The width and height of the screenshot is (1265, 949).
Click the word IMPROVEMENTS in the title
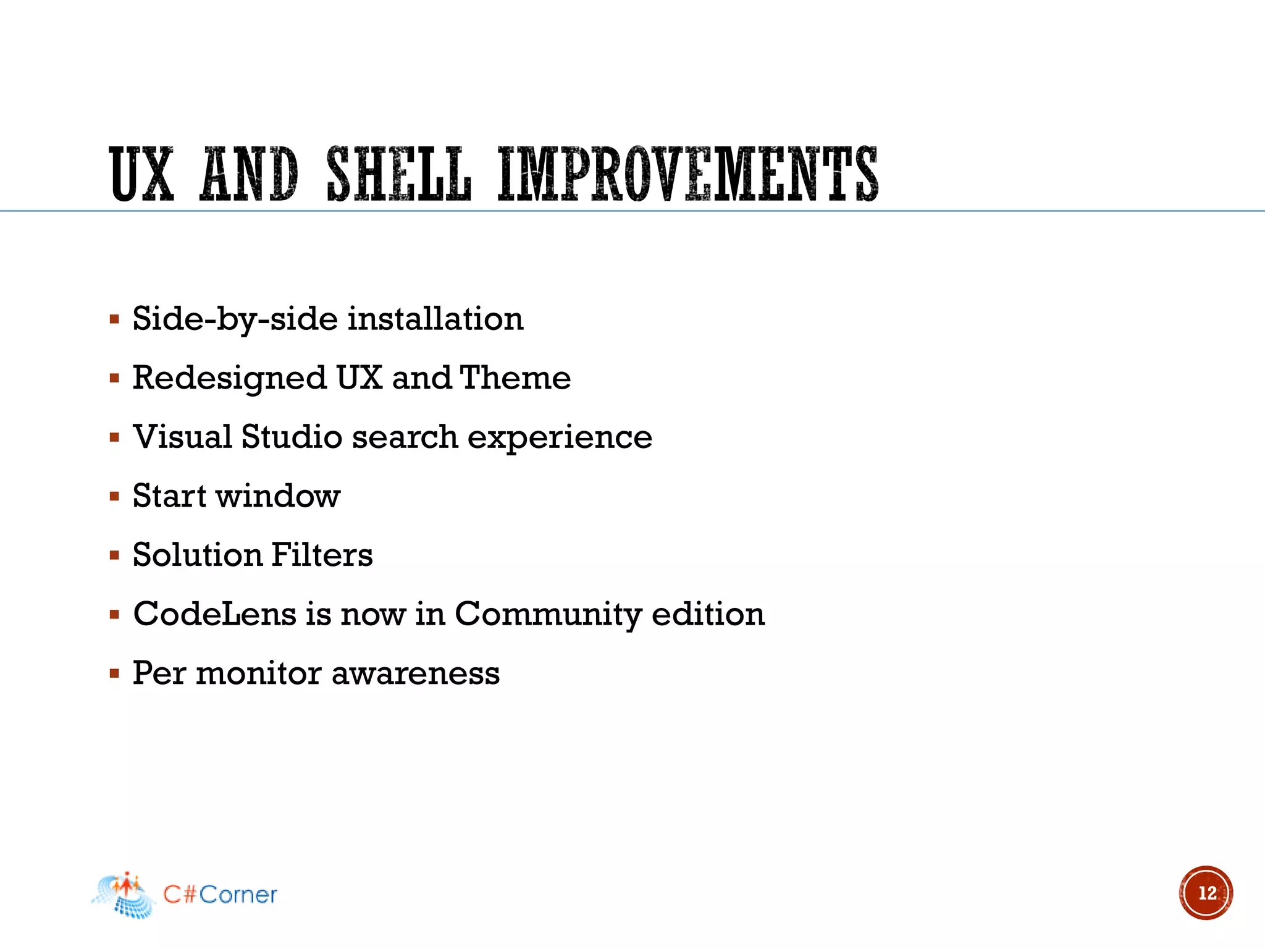(x=687, y=174)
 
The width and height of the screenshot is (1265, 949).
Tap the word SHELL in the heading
(x=398, y=174)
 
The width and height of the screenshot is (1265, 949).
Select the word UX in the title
(x=141, y=174)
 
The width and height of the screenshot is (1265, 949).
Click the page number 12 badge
(x=1206, y=893)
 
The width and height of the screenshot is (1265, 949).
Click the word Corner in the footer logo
(x=238, y=895)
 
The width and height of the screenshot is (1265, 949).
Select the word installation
(x=435, y=319)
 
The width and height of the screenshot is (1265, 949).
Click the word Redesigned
(x=229, y=378)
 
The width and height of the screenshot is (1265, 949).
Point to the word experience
(x=560, y=438)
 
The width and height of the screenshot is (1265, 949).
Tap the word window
(x=278, y=496)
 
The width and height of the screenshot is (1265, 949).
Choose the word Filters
(x=322, y=555)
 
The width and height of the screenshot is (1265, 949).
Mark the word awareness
(x=416, y=673)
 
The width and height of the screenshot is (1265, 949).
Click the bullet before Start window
(x=114, y=496)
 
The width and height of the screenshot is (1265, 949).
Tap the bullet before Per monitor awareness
(x=114, y=673)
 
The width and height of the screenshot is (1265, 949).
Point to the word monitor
(x=258, y=673)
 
